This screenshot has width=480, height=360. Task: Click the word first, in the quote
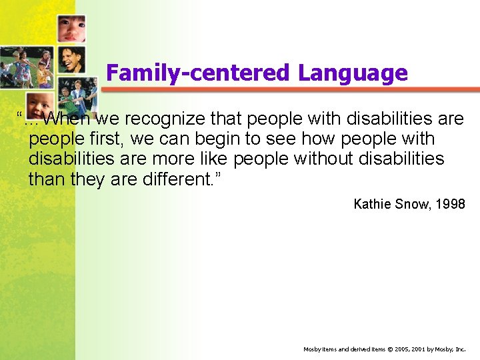click(x=106, y=139)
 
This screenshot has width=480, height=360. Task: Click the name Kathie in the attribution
click(x=372, y=204)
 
